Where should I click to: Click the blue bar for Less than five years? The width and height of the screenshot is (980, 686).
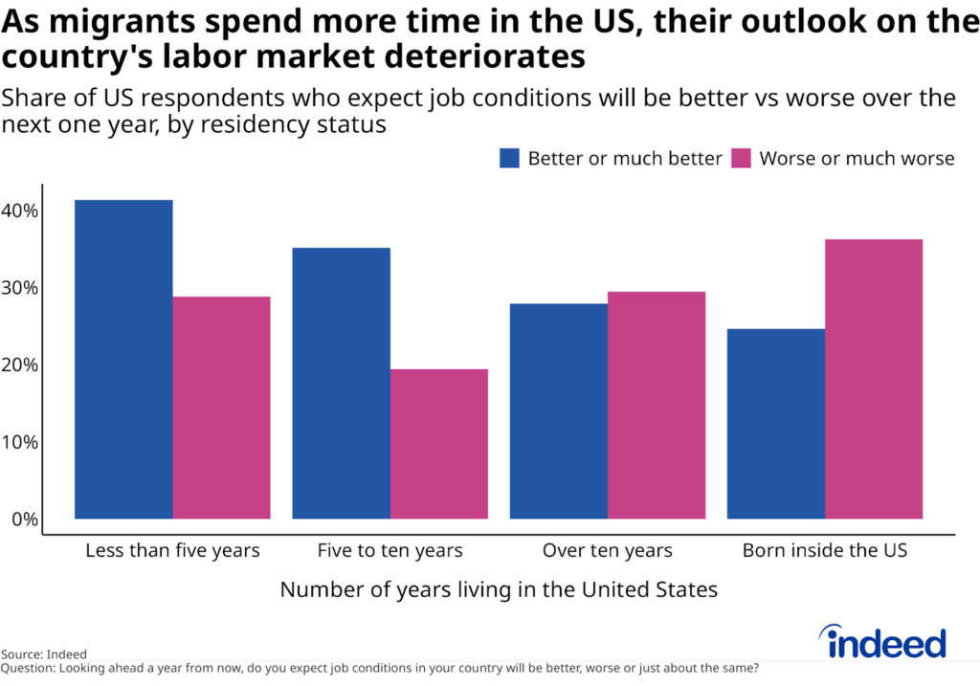click(123, 360)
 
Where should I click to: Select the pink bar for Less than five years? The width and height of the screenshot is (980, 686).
click(221, 409)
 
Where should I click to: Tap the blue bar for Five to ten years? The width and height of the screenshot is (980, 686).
click(341, 384)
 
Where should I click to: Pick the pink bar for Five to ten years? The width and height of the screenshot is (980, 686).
click(438, 445)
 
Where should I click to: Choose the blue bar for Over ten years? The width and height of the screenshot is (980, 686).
click(558, 411)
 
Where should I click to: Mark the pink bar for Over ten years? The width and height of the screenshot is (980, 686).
click(656, 406)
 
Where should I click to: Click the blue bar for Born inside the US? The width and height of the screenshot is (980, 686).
click(775, 424)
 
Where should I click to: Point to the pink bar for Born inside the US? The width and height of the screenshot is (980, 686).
click(873, 380)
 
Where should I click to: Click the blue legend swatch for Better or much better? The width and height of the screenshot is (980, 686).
click(509, 159)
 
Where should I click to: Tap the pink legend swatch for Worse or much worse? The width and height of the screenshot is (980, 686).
click(741, 159)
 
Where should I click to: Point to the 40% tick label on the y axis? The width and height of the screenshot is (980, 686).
click(19, 210)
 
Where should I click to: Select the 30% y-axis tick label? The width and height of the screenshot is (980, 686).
click(19, 288)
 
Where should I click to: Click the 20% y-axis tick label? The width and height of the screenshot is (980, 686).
click(19, 365)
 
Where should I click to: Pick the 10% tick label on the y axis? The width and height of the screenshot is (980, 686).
click(19, 443)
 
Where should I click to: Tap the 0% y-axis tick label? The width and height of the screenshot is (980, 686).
click(24, 520)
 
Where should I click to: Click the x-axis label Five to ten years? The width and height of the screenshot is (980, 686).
click(390, 551)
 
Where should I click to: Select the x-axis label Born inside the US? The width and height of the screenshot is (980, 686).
click(824, 551)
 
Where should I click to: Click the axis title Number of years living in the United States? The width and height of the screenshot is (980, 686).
click(498, 589)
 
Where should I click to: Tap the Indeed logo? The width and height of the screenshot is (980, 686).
click(881, 643)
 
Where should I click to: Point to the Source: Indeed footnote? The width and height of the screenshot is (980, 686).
click(44, 654)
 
